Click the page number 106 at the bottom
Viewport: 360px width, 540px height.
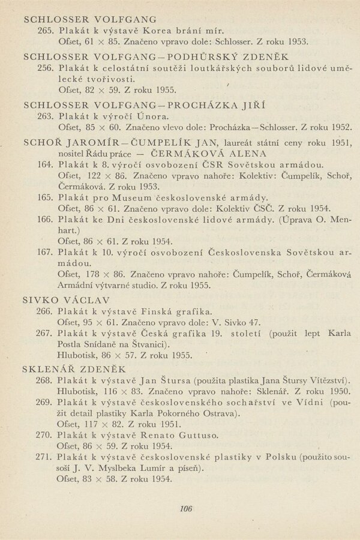tap(185, 509)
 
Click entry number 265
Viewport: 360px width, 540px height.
tap(46, 31)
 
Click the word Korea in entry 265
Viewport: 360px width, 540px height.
tap(174, 31)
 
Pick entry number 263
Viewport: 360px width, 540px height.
tap(46, 116)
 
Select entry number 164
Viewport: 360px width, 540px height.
tap(46, 164)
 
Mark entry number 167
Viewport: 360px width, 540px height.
tap(46, 251)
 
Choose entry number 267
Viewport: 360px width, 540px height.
tap(46, 333)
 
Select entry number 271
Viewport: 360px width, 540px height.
tap(46, 457)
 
